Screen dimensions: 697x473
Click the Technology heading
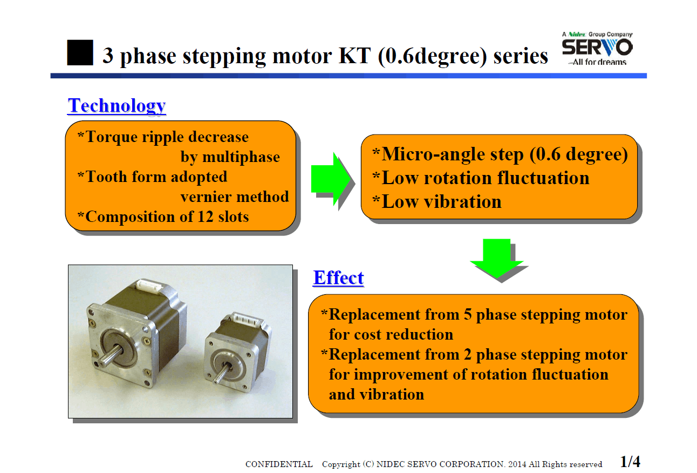click(x=117, y=106)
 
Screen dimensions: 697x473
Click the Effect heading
click(x=339, y=278)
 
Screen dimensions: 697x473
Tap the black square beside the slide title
click(x=80, y=52)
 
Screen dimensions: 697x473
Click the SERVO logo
click(x=597, y=49)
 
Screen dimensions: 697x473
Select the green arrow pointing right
click(x=331, y=179)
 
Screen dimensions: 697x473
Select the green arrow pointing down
click(x=496, y=258)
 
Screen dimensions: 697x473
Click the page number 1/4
click(x=630, y=462)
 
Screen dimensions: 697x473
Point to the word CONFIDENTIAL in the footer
click(x=279, y=464)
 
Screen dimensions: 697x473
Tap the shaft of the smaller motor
click(x=221, y=373)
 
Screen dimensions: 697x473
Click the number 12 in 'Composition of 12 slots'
click(x=206, y=217)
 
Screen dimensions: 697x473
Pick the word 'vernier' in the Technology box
click(x=206, y=197)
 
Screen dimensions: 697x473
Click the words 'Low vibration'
click(x=441, y=202)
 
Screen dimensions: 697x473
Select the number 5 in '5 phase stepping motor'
click(x=468, y=314)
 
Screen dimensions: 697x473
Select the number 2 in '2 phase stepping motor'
click(x=468, y=355)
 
